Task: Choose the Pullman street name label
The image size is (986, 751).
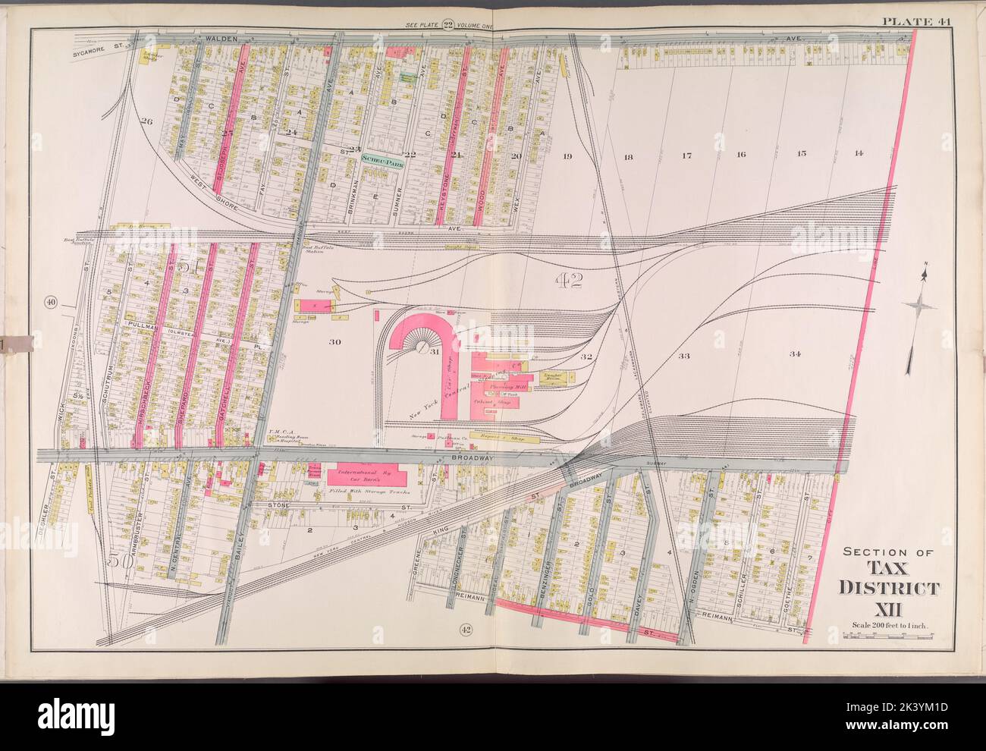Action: tap(142, 324)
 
